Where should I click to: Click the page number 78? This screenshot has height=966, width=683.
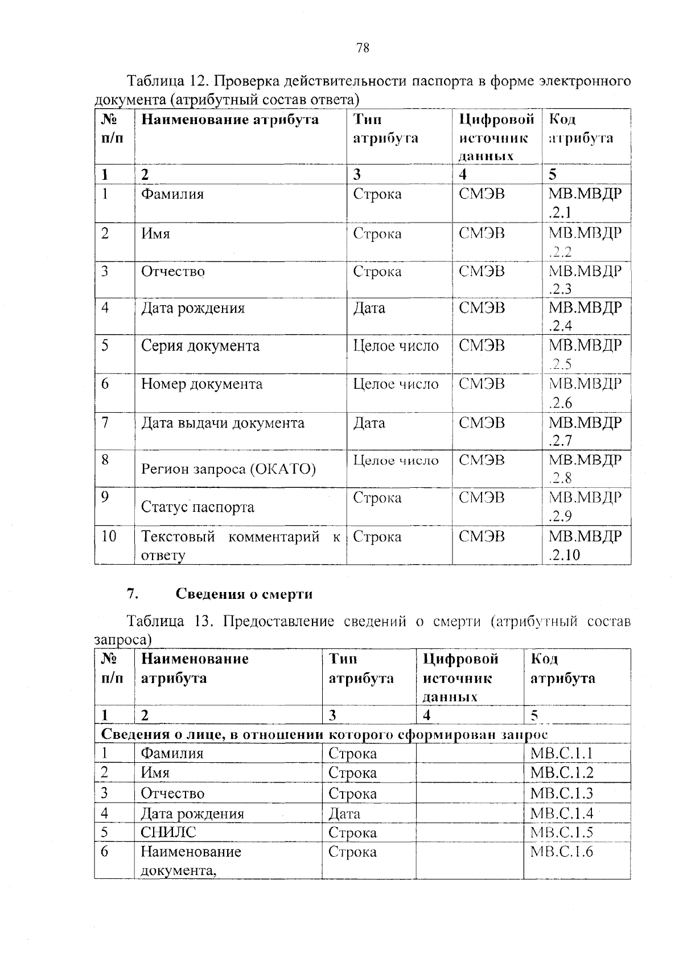363,48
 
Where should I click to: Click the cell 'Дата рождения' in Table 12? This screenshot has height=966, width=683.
193,309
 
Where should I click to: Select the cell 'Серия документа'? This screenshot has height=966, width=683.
200,346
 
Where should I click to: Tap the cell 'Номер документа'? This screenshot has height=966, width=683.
202,384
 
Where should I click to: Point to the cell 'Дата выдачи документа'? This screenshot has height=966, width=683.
223,423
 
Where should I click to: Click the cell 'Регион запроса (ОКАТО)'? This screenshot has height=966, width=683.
228,469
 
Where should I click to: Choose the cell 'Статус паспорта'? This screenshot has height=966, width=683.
198,507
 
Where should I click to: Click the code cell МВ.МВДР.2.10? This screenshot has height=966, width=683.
585,545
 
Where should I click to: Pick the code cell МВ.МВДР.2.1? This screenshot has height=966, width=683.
585,203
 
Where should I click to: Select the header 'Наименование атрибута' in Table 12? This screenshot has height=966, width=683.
230,120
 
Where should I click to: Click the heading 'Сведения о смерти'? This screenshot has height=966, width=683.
244,594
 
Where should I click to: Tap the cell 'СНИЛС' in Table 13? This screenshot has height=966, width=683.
168,832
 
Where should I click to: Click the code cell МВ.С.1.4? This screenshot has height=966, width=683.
562,813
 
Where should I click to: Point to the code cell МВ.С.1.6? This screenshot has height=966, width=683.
562,852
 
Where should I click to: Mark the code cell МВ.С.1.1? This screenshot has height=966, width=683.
562,754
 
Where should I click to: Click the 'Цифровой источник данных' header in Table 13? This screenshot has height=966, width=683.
460,677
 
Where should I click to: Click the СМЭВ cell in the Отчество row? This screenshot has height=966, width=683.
482,272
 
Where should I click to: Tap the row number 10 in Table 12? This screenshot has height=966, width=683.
109,536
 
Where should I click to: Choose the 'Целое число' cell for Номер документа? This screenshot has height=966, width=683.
396,384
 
